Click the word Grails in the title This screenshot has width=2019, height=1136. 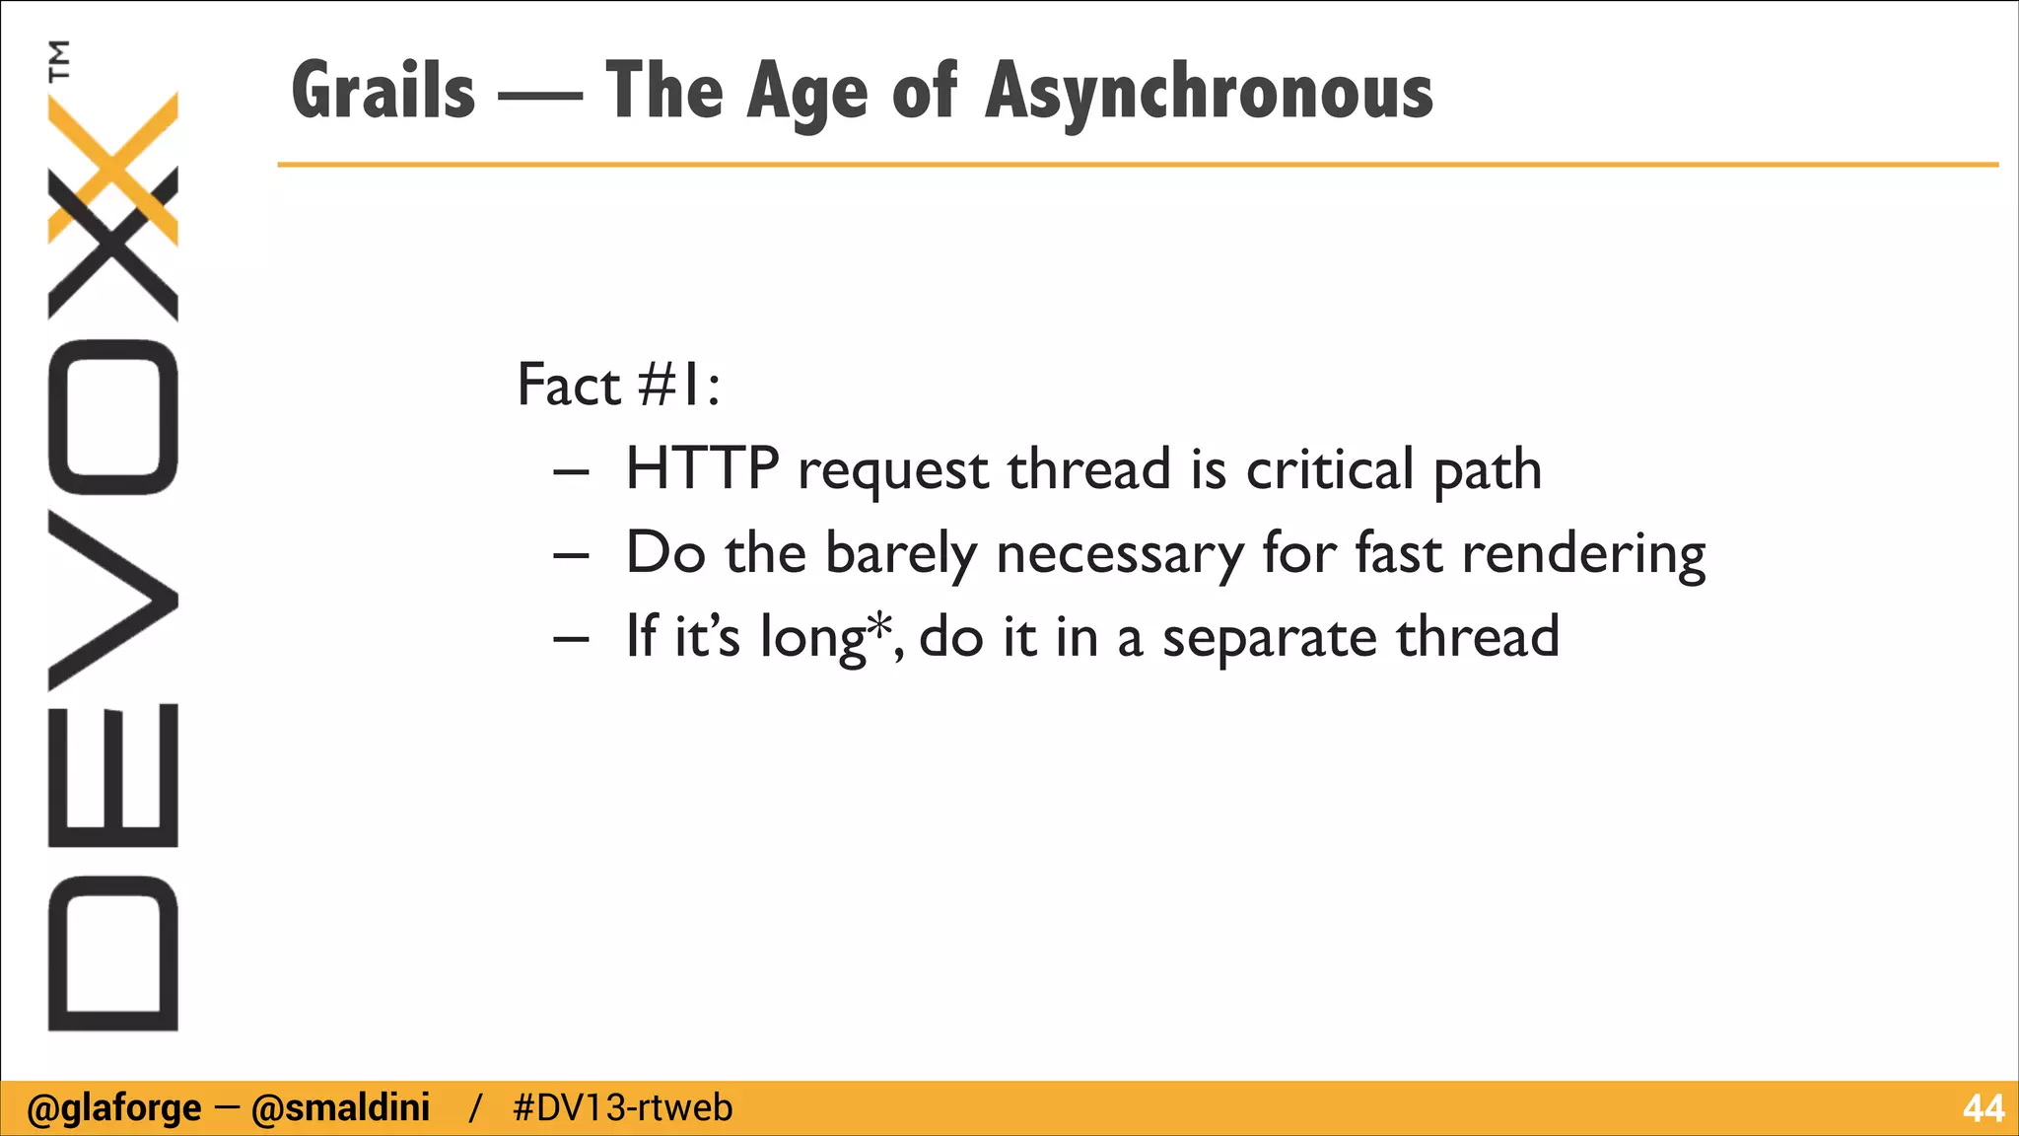[x=383, y=91]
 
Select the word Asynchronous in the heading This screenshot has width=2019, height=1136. [x=1209, y=91]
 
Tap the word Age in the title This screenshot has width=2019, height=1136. [x=806, y=93]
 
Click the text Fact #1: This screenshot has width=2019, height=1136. [x=618, y=385]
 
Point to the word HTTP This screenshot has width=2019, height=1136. [x=702, y=468]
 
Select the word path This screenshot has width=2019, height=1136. [x=1487, y=470]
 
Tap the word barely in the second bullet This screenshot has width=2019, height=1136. [x=900, y=553]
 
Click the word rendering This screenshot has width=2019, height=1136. [x=1583, y=553]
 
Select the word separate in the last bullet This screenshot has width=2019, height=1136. [x=1270, y=638]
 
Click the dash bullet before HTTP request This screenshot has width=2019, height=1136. [x=571, y=472]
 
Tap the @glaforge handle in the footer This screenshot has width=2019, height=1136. [x=114, y=1108]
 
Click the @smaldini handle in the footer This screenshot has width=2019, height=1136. [x=340, y=1108]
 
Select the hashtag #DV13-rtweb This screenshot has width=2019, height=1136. [x=623, y=1108]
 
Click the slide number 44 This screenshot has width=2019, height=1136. [x=1983, y=1108]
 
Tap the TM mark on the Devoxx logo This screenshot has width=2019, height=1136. [x=60, y=59]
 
